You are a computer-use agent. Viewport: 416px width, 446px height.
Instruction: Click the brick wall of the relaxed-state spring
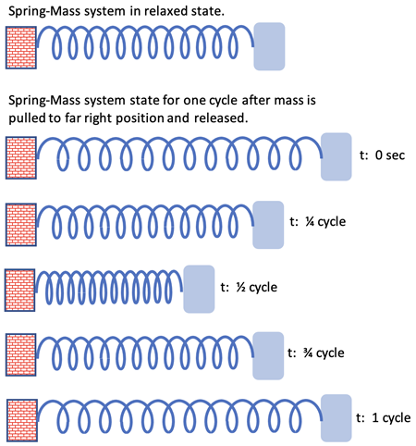click(x=21, y=47)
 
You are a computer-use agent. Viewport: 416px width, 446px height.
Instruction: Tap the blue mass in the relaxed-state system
click(x=269, y=46)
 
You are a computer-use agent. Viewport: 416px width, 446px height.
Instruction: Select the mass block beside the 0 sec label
click(x=336, y=156)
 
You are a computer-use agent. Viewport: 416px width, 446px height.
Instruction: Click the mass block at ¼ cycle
click(x=268, y=225)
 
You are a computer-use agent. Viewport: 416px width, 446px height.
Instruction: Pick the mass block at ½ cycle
click(x=199, y=289)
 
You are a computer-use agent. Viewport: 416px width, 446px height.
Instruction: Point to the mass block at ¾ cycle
click(x=268, y=355)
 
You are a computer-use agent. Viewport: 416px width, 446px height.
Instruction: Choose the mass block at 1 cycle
click(x=336, y=418)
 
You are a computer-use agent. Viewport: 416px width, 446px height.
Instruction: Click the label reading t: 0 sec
click(x=382, y=155)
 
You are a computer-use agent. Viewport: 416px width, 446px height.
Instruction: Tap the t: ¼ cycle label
click(x=318, y=222)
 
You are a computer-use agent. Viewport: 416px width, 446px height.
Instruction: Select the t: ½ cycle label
click(x=249, y=288)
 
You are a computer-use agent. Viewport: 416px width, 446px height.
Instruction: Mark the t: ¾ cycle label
click(x=316, y=353)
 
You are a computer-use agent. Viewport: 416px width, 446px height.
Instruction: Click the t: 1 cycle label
click(x=384, y=418)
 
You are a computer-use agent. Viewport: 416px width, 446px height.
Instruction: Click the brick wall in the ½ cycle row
click(x=19, y=290)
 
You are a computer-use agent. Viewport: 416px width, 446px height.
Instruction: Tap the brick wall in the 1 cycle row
click(x=22, y=420)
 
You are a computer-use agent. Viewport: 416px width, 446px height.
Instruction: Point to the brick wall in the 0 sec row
click(x=21, y=157)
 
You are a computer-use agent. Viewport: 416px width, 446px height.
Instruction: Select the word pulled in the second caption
click(x=27, y=118)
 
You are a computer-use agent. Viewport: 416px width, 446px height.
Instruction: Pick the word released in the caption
click(x=221, y=118)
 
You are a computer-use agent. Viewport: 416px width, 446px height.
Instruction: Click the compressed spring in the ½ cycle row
click(x=109, y=288)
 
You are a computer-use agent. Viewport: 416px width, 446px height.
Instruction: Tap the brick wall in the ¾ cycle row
click(x=21, y=354)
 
